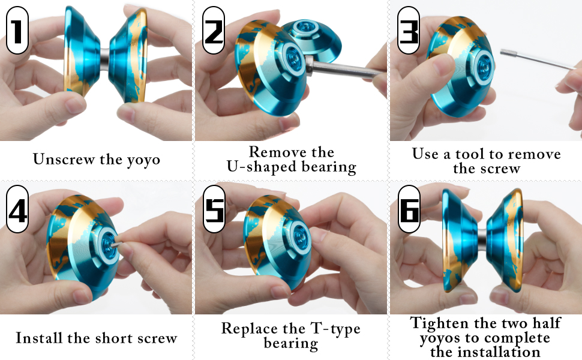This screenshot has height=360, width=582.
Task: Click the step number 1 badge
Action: (18, 30)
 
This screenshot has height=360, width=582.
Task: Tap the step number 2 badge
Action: (214, 30)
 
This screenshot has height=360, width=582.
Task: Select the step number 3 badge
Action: (409, 30)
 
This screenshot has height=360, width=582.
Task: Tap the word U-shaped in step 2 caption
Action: (259, 167)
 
